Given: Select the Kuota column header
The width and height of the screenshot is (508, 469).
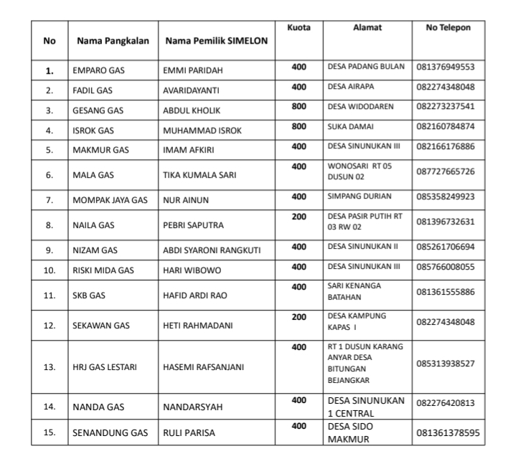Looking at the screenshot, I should (x=298, y=27).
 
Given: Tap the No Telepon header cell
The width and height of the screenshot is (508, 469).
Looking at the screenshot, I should (x=448, y=27).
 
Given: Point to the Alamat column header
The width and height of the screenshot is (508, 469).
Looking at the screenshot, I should (x=367, y=27).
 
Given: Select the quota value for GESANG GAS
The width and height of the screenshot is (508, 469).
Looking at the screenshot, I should (x=299, y=106).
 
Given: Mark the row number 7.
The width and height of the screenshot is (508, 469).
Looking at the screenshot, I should (x=50, y=200).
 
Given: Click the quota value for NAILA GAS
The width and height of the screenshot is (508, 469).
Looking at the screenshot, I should (x=299, y=214).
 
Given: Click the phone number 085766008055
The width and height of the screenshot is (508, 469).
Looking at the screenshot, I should (x=446, y=267).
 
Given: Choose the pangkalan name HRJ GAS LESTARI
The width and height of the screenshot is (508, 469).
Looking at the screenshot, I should (x=104, y=366).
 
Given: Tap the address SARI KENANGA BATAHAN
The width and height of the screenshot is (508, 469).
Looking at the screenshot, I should (x=354, y=291).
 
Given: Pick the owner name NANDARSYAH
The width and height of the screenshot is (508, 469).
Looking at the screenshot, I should (x=193, y=407).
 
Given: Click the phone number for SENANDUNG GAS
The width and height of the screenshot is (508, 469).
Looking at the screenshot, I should (x=448, y=432).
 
